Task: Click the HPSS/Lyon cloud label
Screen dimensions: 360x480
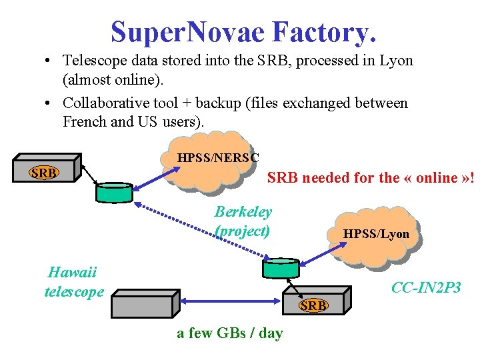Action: (x=376, y=234)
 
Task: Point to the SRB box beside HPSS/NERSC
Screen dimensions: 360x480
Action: (x=44, y=173)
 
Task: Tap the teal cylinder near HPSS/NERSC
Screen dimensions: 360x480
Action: (x=114, y=191)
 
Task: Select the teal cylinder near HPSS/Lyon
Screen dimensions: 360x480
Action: (x=282, y=267)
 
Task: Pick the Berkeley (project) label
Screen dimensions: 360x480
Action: (x=243, y=221)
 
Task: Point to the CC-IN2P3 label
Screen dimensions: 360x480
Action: (x=426, y=288)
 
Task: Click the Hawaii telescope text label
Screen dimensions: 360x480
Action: (x=74, y=281)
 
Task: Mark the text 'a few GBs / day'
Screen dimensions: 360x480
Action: (x=229, y=333)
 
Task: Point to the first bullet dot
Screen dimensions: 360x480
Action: (x=50, y=61)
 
